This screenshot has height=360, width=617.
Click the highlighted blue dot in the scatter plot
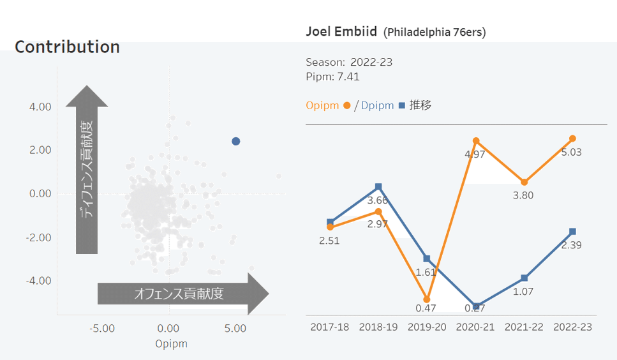[x=235, y=141]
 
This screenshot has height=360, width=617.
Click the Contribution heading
[x=67, y=47]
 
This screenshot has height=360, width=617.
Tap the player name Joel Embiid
[x=341, y=31]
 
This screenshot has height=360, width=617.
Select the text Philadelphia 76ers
[x=435, y=32]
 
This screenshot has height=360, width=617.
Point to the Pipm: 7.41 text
[x=332, y=77]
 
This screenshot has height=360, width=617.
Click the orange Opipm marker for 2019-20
[x=427, y=299]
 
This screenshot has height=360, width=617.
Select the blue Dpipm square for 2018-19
[x=378, y=187]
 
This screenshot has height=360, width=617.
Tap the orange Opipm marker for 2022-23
[x=572, y=139]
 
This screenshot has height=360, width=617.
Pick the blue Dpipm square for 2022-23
[x=572, y=231]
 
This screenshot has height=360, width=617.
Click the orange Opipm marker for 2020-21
[x=476, y=140]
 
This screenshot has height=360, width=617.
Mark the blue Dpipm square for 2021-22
[x=524, y=278]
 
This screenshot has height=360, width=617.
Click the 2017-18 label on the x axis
[x=330, y=327]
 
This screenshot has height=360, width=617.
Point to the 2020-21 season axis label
[x=475, y=327]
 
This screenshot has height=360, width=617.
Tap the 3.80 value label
[x=523, y=195]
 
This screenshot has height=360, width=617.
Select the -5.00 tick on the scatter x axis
[x=101, y=329]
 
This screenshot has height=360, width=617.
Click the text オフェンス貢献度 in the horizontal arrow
[x=179, y=294]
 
